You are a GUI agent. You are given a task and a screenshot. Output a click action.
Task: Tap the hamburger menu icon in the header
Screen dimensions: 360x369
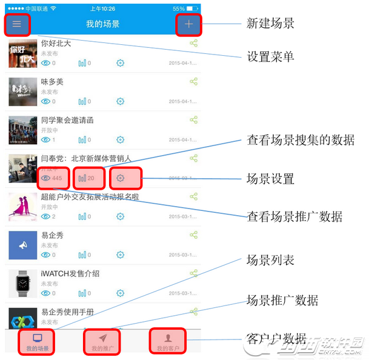point(16,24)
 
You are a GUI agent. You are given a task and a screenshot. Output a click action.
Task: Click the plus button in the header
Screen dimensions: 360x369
point(189,24)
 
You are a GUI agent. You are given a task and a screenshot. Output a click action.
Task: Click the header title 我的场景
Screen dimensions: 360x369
point(102,24)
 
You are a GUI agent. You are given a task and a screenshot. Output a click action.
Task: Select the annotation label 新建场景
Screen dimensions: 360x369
point(270,24)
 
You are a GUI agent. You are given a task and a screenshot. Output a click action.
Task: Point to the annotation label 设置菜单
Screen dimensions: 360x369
point(270,57)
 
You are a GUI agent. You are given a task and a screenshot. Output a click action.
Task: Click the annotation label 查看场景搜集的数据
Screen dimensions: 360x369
point(301,140)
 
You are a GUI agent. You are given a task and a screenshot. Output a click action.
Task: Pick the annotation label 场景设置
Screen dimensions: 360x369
point(270,178)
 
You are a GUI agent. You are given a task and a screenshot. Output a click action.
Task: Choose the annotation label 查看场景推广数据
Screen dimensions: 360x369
point(294,216)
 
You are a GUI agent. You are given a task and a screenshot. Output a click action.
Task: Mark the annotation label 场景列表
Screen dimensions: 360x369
point(270,260)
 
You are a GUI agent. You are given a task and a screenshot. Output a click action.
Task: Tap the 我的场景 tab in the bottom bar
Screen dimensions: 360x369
point(38,342)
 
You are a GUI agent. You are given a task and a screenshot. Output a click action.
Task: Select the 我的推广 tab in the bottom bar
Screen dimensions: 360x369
point(102,342)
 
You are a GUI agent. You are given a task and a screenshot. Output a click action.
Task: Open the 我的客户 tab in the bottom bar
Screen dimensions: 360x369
point(168,342)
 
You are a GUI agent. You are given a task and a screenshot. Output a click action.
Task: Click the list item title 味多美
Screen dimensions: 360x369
point(52,82)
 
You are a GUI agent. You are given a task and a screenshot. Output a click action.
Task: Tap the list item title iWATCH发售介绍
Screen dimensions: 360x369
point(70,273)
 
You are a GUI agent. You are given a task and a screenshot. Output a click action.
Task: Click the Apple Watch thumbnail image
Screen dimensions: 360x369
point(23,284)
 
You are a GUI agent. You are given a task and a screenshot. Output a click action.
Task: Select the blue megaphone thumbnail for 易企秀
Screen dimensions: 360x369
point(23,245)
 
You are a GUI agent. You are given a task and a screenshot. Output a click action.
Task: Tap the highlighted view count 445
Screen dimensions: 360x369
point(53,178)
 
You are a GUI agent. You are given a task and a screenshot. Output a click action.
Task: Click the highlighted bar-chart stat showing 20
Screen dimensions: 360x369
point(87,178)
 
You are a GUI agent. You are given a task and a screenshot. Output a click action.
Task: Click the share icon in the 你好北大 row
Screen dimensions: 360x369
point(193,44)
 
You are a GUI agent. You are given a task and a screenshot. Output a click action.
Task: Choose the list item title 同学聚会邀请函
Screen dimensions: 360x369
point(67,120)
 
